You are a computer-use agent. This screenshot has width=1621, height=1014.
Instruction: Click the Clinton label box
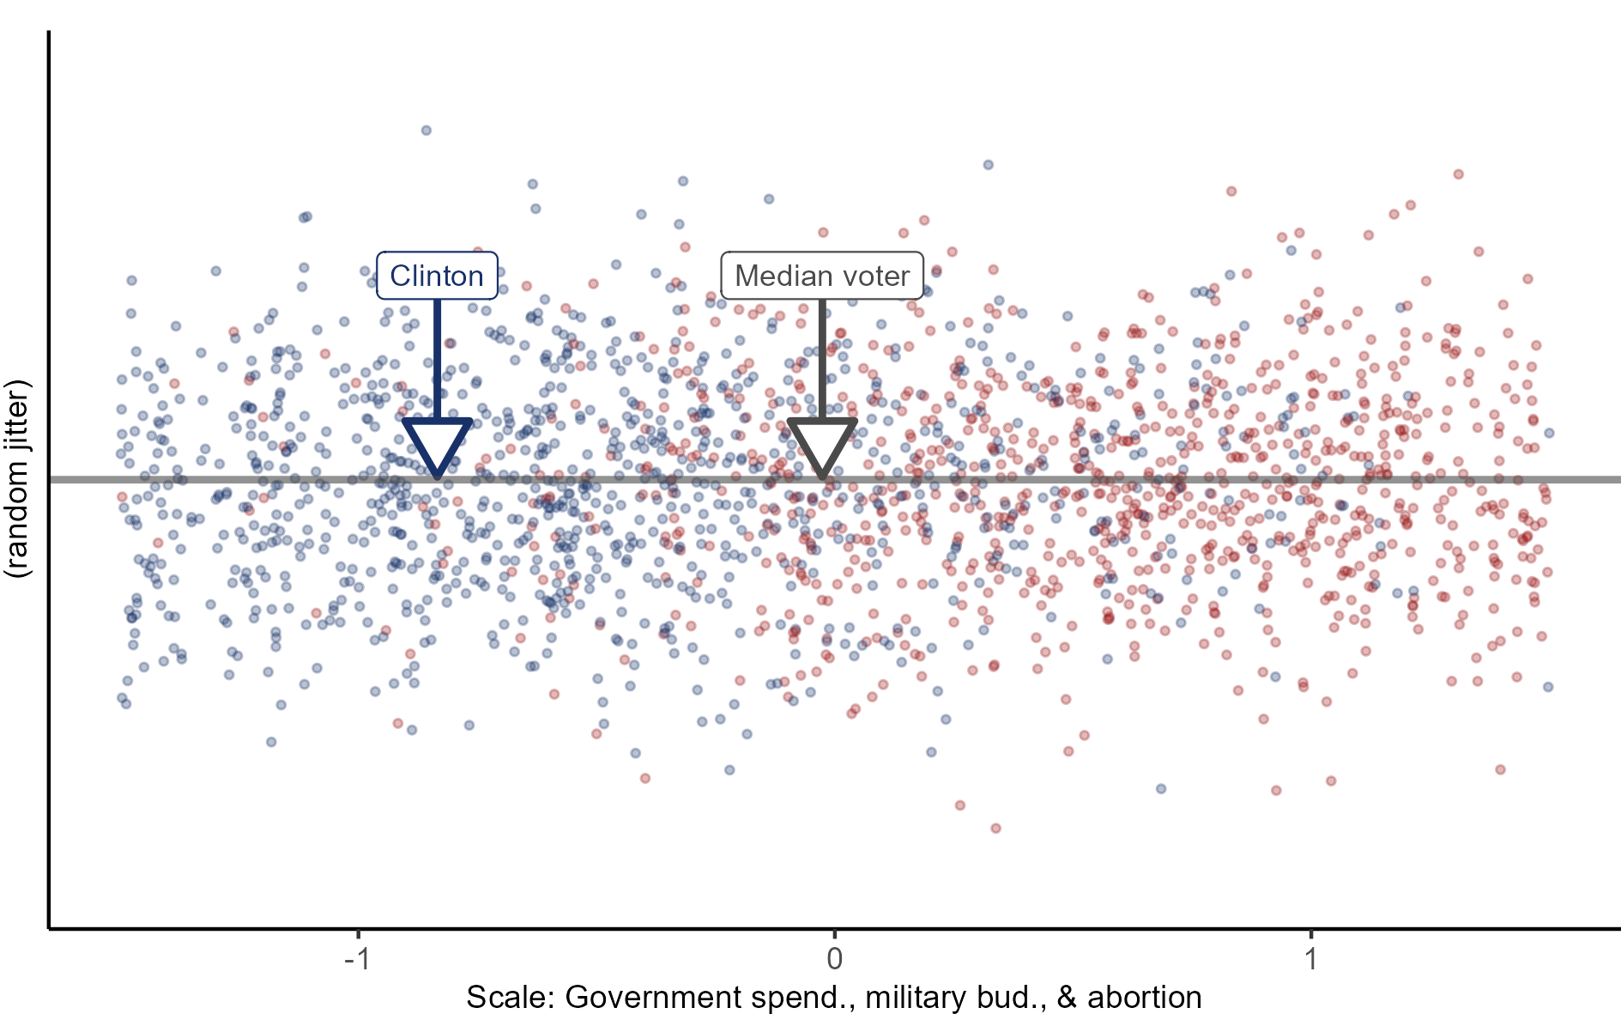437,276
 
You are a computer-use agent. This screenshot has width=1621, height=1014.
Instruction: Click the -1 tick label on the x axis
357,958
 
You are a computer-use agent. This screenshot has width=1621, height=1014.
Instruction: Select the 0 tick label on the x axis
834,958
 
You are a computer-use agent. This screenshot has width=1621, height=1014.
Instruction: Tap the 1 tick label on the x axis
1311,958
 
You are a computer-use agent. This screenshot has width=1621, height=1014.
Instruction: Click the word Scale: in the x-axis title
511,998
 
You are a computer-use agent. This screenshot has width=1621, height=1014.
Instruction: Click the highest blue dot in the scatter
426,131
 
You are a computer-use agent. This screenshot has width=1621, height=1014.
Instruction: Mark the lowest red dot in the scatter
995,829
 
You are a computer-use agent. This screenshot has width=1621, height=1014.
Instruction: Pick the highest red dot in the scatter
1458,174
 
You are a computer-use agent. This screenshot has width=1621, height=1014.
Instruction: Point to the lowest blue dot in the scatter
1161,788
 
